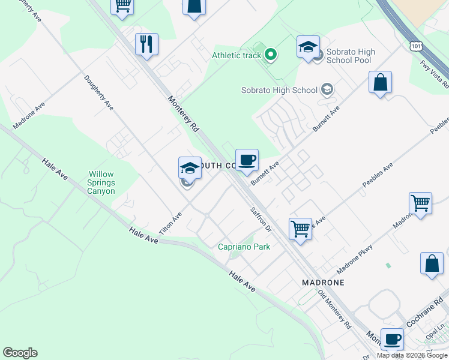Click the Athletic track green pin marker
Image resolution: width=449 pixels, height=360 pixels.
click(x=271, y=56)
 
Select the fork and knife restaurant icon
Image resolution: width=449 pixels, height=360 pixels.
click(x=146, y=44)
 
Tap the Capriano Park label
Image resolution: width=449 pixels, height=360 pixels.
click(x=244, y=247)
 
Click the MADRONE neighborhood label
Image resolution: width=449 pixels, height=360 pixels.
click(x=323, y=282)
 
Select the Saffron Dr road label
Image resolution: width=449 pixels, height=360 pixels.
click(x=261, y=220)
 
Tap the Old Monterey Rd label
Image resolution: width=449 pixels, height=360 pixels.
click(x=334, y=310)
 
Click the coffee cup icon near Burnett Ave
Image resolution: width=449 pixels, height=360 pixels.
click(x=247, y=160)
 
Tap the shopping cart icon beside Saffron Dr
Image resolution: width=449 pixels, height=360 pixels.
click(x=300, y=228)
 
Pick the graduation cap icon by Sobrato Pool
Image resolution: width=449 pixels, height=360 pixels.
click(x=308, y=47)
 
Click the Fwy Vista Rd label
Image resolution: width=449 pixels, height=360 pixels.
click(x=435, y=74)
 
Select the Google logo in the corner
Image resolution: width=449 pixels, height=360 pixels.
click(x=20, y=353)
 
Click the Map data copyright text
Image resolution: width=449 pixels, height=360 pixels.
click(x=412, y=355)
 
